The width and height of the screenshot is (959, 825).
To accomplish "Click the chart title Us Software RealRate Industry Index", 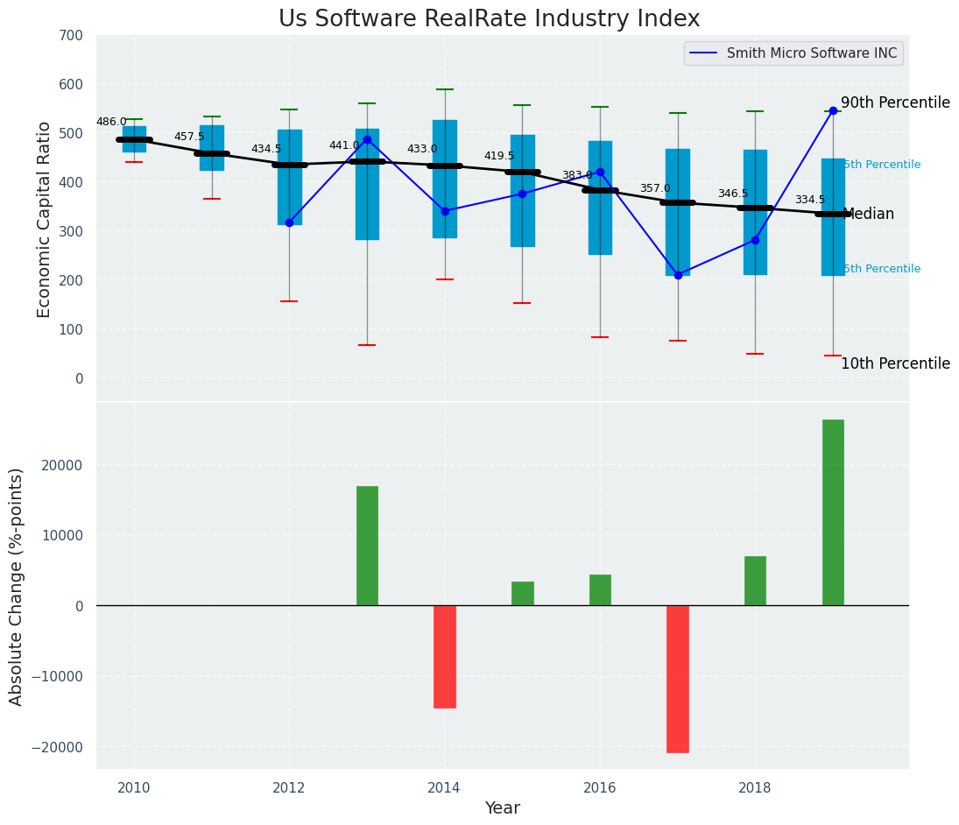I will tap(489, 19).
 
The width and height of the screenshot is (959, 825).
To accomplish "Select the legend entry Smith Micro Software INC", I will tap(811, 53).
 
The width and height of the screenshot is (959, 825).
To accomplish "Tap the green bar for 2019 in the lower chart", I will tap(833, 512).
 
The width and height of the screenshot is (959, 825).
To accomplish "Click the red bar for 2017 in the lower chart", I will tap(678, 679).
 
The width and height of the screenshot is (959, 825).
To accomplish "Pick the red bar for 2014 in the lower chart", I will tap(445, 656).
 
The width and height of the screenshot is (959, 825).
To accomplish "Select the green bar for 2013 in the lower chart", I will tap(367, 546).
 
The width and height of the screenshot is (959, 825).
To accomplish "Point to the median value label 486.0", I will tap(111, 123).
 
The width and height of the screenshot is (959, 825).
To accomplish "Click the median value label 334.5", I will tap(810, 201).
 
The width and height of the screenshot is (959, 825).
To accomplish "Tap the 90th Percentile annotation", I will tap(895, 102).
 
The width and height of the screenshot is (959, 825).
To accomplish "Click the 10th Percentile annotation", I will tap(895, 363).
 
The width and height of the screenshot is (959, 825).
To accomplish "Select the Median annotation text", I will tap(868, 215).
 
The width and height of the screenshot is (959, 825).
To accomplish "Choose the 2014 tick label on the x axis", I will tap(445, 787).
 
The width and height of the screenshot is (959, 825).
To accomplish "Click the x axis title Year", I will tap(503, 808).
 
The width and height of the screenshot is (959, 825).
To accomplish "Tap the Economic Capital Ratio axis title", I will tap(45, 219).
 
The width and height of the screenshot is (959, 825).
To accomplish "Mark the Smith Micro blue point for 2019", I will tap(833, 110).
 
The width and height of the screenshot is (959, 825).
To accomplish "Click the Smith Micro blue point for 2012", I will tap(289, 222).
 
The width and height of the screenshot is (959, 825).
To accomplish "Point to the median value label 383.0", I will tap(577, 175).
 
